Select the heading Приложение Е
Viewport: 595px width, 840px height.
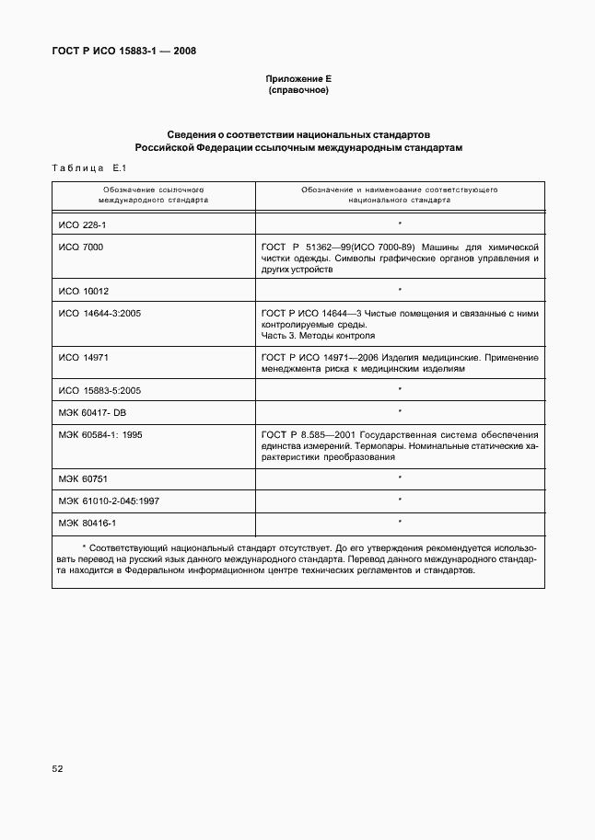coord(297,80)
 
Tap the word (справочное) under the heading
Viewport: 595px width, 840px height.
coord(297,91)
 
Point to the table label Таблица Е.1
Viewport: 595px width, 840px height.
coord(81,168)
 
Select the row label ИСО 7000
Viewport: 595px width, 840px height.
coord(80,247)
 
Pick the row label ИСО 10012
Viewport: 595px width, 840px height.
coord(83,290)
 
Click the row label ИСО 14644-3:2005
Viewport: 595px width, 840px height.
coord(99,314)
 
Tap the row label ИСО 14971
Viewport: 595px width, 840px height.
coord(83,356)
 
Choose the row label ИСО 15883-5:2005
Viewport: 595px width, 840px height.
coord(99,390)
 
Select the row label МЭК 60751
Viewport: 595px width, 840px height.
coord(84,478)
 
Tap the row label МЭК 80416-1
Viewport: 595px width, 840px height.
coord(87,523)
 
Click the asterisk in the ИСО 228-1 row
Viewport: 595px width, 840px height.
coord(400,224)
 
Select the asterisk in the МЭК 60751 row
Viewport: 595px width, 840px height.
coord(400,478)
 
